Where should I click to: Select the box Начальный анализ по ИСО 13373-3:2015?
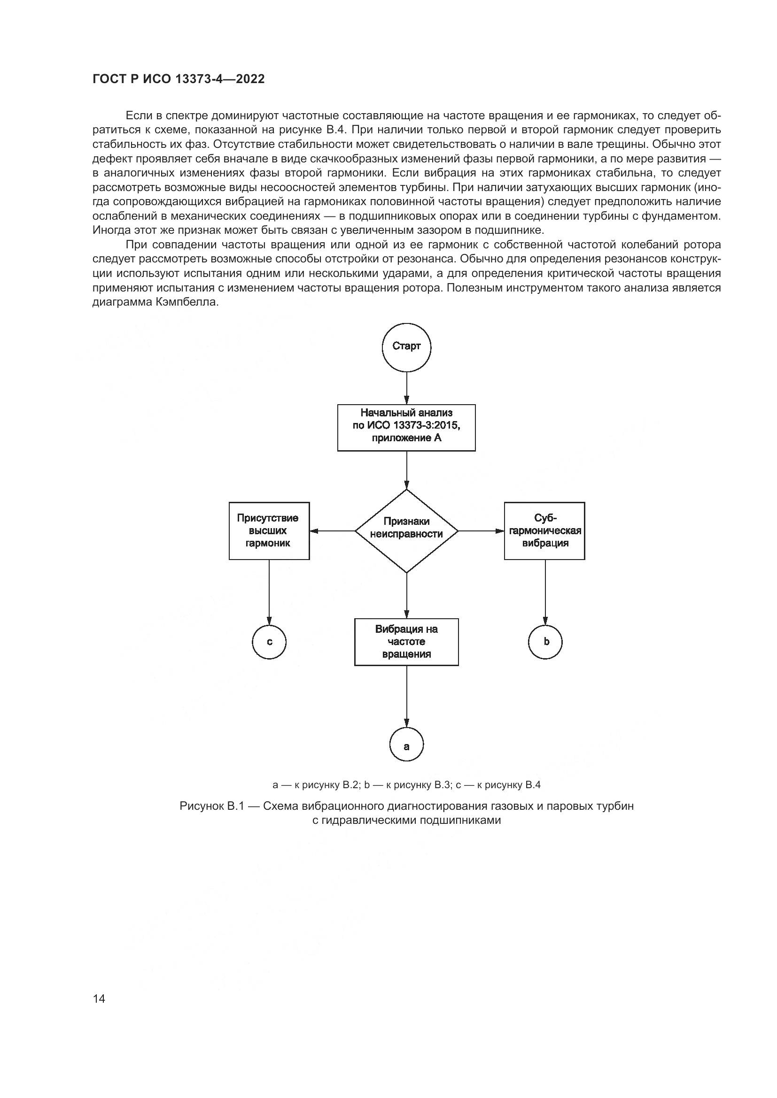pos(406,427)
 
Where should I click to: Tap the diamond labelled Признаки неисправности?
pos(406,530)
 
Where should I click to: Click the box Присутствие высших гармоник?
pos(269,530)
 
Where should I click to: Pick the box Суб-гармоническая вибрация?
pos(544,530)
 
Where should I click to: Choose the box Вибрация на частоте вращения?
pos(406,642)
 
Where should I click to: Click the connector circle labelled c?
pos(269,642)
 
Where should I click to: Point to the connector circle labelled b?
pos(545,642)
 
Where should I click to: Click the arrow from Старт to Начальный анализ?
pos(406,388)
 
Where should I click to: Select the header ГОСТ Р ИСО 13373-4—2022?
pos(179,79)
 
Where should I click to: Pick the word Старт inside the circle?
pos(406,346)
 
